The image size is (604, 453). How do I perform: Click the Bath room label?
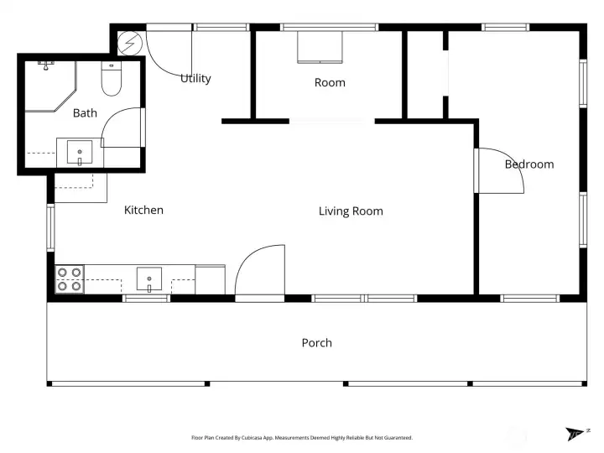point(85,113)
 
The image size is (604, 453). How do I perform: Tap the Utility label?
point(195,79)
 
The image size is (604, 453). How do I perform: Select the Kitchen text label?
point(143,210)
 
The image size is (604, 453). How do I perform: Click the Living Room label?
point(351,211)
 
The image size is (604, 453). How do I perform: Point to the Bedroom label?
point(528,164)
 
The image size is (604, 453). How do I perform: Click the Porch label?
point(316,343)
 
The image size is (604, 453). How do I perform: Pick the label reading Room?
point(330,82)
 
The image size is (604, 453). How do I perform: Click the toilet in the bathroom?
point(111,78)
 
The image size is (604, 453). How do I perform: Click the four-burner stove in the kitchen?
point(70,279)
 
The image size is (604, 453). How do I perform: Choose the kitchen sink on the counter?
point(149,279)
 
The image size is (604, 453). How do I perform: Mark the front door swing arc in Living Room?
point(261,270)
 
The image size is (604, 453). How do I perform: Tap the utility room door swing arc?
point(170,53)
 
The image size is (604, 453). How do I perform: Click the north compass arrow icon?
point(575,434)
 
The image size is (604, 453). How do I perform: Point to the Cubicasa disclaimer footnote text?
point(302,437)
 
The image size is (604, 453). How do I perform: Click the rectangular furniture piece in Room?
point(320,49)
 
